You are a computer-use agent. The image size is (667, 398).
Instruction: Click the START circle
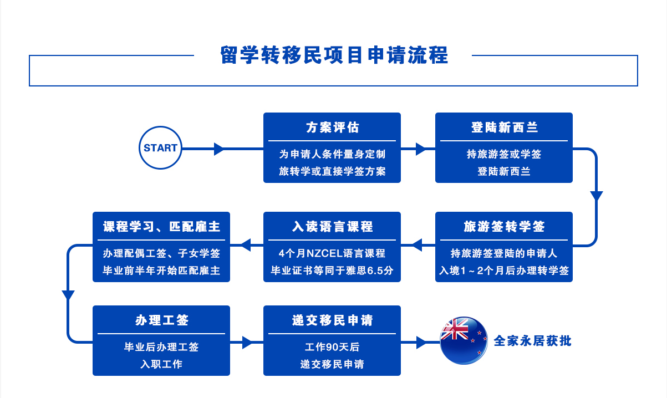coord(160,148)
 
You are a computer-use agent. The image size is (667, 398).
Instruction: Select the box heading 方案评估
coord(332,127)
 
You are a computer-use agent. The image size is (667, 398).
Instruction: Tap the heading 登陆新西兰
coord(503,127)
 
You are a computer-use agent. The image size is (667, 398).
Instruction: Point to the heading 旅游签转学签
coord(503,227)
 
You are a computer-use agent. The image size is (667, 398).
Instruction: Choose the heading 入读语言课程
coord(332,227)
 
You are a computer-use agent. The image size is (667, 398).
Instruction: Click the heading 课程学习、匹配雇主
coord(161,227)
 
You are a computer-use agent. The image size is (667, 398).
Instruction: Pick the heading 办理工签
coord(161,320)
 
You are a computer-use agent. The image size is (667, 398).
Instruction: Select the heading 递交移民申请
coord(332,320)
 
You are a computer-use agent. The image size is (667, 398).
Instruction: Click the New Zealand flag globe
coord(464,340)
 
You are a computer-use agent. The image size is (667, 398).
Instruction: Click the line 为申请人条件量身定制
coord(332,154)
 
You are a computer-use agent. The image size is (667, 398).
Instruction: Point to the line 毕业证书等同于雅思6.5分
coord(332,271)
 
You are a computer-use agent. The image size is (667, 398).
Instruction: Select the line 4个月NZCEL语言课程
coord(332,254)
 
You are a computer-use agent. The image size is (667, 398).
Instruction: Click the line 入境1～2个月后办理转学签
coord(503,271)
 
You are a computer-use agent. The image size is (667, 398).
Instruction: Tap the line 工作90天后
coord(332,348)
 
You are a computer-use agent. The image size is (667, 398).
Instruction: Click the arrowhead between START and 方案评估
coord(219,149)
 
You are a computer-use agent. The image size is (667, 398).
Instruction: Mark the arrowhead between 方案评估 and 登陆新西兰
coord(420,149)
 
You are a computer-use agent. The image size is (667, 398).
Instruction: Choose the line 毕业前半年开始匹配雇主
coord(161,271)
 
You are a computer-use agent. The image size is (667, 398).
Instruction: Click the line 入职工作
coord(161,364)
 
